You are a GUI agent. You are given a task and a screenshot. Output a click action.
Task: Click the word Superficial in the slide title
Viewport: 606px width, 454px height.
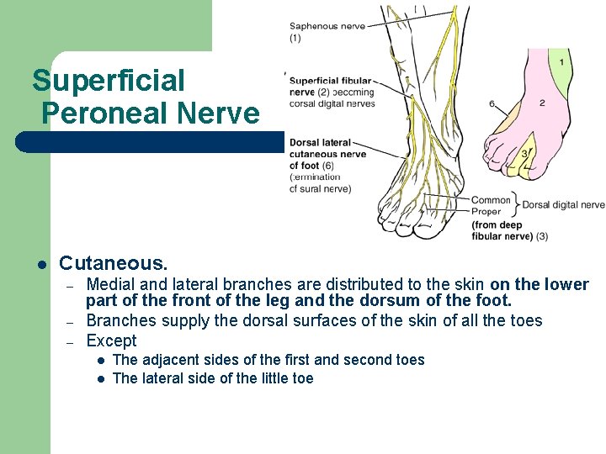108,82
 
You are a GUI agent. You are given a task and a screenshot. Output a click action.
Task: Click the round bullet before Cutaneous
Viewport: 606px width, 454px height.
40,265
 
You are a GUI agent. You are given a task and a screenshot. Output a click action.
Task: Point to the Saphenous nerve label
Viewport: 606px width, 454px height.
327,26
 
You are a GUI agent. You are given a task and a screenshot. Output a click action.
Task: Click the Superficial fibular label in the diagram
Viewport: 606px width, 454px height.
329,81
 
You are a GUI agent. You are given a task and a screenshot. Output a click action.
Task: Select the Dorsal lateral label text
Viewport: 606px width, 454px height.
319,143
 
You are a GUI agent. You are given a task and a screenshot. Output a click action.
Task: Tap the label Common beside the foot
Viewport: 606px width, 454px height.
491,200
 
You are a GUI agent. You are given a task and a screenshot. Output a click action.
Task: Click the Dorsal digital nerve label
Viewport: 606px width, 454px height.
563,204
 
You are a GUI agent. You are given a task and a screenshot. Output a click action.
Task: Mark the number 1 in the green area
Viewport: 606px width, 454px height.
561,62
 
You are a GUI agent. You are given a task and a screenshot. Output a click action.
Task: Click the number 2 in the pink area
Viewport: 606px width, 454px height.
542,103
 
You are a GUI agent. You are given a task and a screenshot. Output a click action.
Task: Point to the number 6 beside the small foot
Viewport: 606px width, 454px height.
491,104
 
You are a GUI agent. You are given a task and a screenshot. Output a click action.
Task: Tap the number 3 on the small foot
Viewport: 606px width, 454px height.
524,154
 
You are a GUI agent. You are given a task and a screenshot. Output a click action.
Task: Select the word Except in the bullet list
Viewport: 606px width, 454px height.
111,340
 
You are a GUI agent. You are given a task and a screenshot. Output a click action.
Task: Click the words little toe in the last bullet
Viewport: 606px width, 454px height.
283,378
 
